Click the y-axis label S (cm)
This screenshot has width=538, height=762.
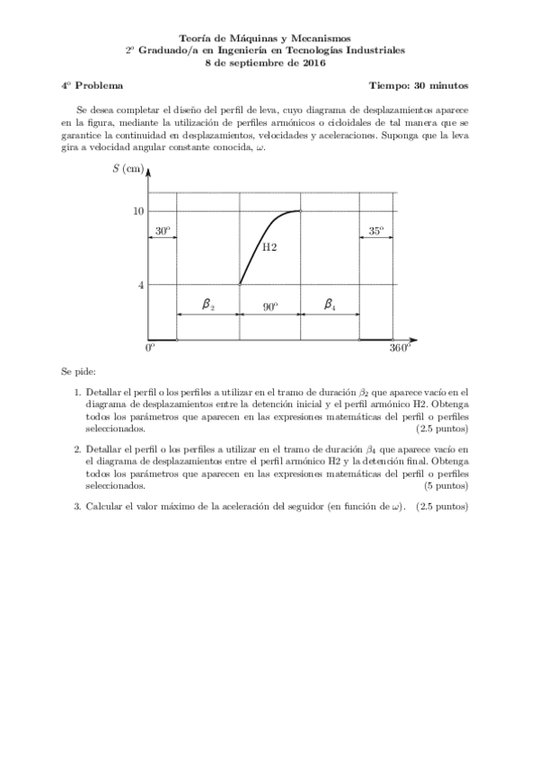(x=128, y=170)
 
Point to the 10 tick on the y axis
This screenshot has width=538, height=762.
(x=139, y=211)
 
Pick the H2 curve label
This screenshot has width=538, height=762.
(x=269, y=246)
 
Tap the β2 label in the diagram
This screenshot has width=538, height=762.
(x=207, y=306)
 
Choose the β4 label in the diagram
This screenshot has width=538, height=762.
(x=330, y=306)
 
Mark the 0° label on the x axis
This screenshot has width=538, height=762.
(x=150, y=349)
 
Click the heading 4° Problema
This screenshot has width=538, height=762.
(x=93, y=87)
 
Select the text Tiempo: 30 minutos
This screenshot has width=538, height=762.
(x=418, y=87)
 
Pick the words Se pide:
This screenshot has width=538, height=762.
(x=79, y=370)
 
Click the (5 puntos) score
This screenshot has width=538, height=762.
(x=445, y=486)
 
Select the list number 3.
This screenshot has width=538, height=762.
(x=77, y=507)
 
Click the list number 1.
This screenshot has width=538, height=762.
(x=77, y=393)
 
